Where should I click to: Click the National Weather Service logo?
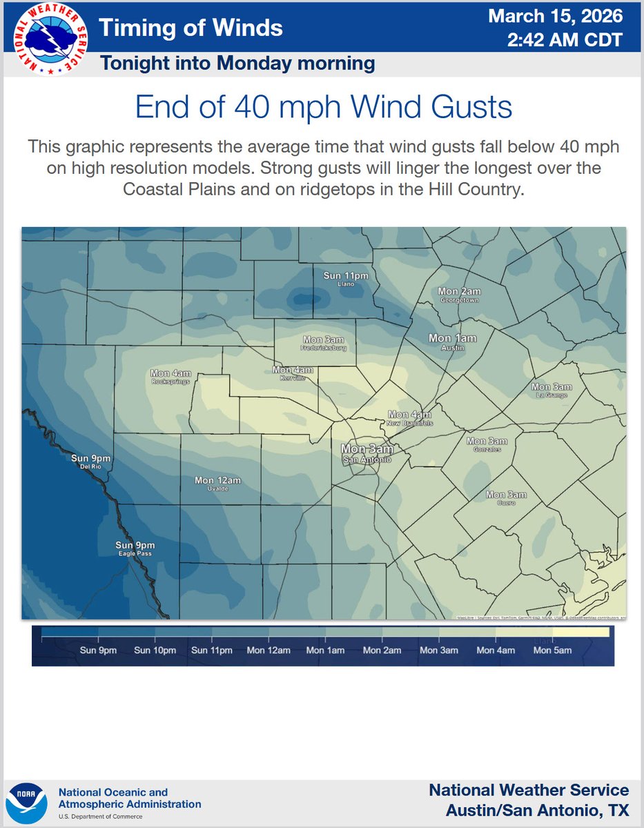click(x=46, y=37)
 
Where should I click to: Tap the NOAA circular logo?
click(x=26, y=803)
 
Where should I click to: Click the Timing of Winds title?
click(x=191, y=28)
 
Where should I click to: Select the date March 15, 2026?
click(x=555, y=16)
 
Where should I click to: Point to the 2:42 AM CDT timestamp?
click(x=565, y=40)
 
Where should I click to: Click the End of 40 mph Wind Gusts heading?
click(x=323, y=108)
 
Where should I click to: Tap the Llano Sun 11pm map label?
click(x=346, y=279)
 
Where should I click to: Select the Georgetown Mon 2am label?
click(x=459, y=295)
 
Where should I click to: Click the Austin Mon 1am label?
click(x=452, y=341)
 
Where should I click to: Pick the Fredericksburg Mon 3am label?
click(x=324, y=343)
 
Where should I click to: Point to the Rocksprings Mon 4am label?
click(x=170, y=377)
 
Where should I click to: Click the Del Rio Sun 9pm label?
click(x=91, y=461)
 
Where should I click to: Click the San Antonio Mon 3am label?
click(x=367, y=453)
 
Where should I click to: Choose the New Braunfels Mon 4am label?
click(x=409, y=418)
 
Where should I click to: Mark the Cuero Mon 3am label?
click(x=506, y=497)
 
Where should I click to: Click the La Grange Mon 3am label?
click(x=551, y=391)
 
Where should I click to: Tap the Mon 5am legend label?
click(x=552, y=650)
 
